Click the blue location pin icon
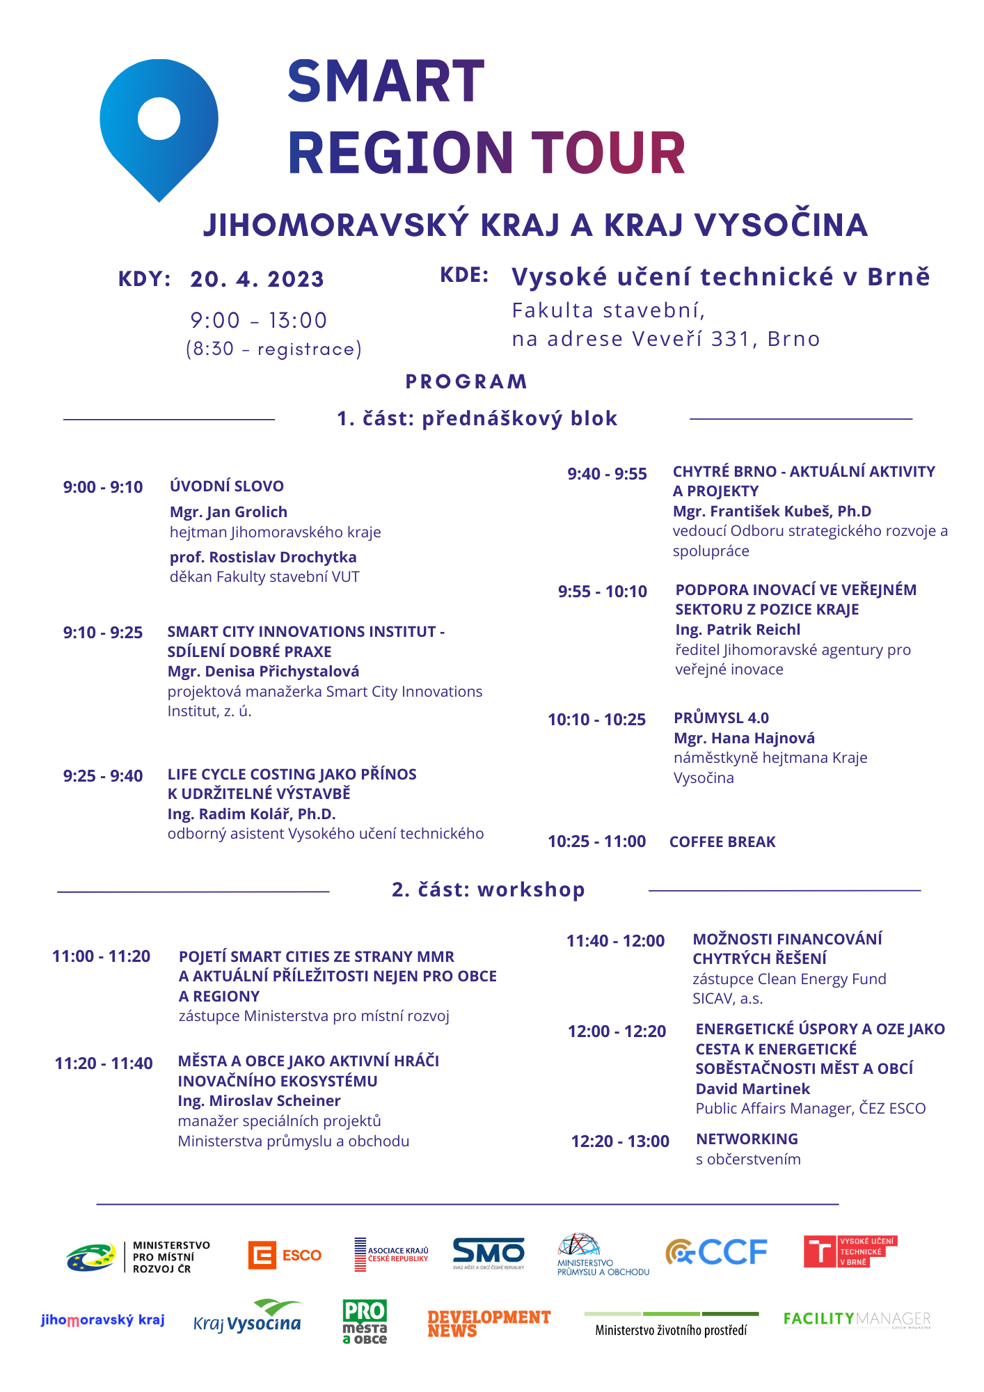click(x=159, y=129)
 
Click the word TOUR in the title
click(x=609, y=153)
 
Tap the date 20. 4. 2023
click(x=257, y=279)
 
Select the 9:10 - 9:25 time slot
click(x=103, y=633)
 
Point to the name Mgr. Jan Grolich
click(x=228, y=512)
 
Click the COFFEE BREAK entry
click(x=722, y=842)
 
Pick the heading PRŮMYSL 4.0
click(x=721, y=718)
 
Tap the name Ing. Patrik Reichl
click(x=738, y=630)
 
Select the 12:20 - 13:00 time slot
click(x=620, y=1141)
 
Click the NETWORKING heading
click(x=747, y=1139)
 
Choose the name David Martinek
click(x=752, y=1089)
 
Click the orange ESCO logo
click(x=285, y=1256)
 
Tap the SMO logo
click(x=489, y=1253)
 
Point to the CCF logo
click(x=716, y=1252)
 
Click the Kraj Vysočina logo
click(x=248, y=1318)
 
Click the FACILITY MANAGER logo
click(x=857, y=1319)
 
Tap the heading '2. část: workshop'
click(x=489, y=890)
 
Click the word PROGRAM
click(x=466, y=382)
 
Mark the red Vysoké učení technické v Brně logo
click(x=850, y=1251)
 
